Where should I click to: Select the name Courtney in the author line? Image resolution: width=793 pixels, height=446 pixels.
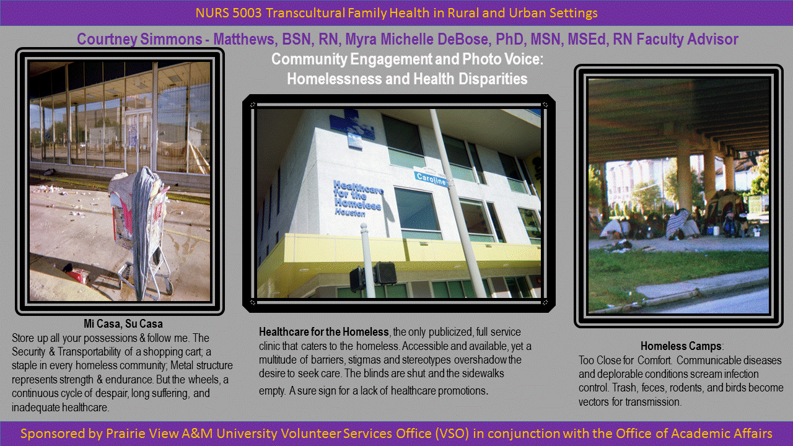tap(107, 39)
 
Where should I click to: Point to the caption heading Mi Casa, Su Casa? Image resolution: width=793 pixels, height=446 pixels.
tap(123, 323)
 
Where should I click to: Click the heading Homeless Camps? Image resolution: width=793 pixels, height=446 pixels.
tap(681, 346)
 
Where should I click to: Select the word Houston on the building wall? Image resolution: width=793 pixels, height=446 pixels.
tap(350, 212)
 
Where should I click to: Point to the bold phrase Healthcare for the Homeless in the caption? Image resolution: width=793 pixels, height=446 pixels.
tap(324, 331)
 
